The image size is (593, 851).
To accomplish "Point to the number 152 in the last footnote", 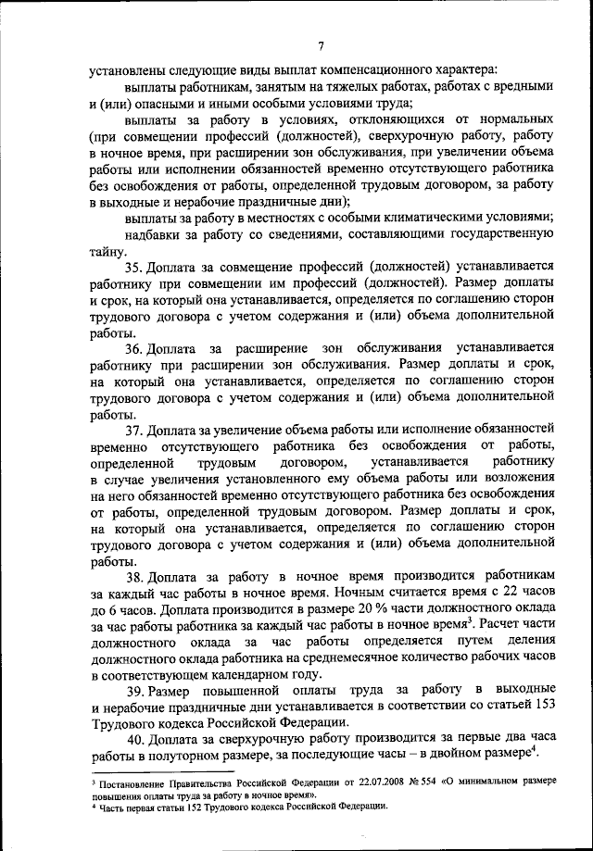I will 190,807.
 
